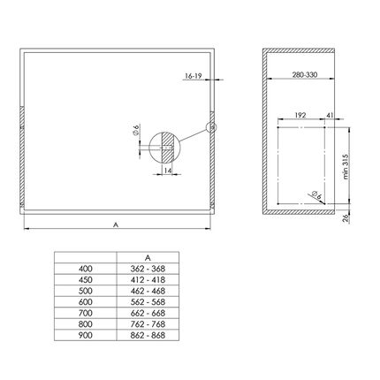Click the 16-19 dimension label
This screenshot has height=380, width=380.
click(x=193, y=76)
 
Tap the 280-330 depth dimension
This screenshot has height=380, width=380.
click(x=305, y=75)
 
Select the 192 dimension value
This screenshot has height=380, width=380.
click(x=300, y=115)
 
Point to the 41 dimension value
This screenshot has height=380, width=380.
click(x=331, y=115)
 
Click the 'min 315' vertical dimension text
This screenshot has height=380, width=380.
click(x=346, y=167)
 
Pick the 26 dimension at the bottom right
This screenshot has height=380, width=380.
click(x=346, y=218)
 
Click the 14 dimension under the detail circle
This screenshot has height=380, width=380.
click(x=168, y=171)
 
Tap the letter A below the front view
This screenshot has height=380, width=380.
click(x=116, y=224)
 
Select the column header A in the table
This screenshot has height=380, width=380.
click(x=148, y=258)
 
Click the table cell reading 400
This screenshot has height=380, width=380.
click(x=86, y=269)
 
